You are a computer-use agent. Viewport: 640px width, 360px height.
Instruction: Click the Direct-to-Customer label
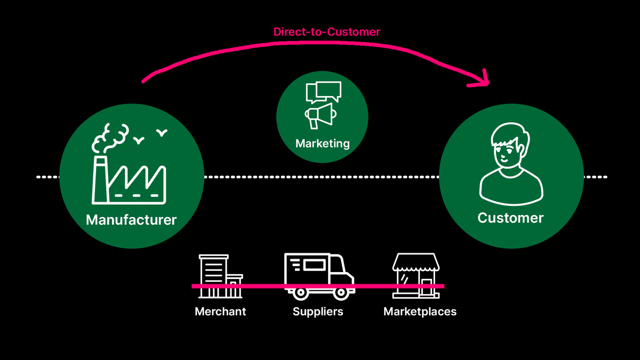(326, 32)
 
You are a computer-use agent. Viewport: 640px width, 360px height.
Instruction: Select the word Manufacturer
(131, 220)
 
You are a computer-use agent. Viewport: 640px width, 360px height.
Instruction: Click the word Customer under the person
(510, 218)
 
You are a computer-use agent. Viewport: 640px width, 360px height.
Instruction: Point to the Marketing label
(322, 143)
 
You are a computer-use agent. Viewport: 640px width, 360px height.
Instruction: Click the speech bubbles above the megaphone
(323, 92)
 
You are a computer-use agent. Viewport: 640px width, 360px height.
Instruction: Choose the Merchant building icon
(219, 276)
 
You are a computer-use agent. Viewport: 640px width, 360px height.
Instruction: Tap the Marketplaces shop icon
(415, 275)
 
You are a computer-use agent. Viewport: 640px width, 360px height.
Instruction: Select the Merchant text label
(220, 311)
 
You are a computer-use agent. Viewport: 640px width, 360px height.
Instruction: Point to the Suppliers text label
(318, 311)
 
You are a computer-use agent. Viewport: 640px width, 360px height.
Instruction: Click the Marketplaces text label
(420, 311)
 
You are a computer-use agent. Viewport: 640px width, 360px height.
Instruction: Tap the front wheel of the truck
(340, 292)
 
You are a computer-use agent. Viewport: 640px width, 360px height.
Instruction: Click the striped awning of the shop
(415, 261)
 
